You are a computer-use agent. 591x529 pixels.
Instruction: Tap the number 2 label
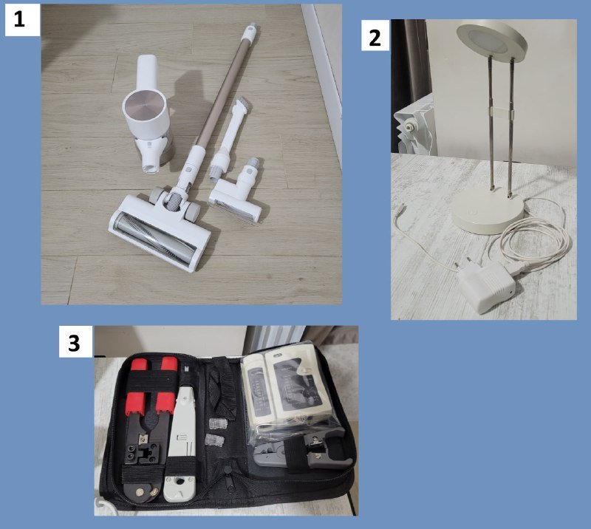click(x=375, y=35)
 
